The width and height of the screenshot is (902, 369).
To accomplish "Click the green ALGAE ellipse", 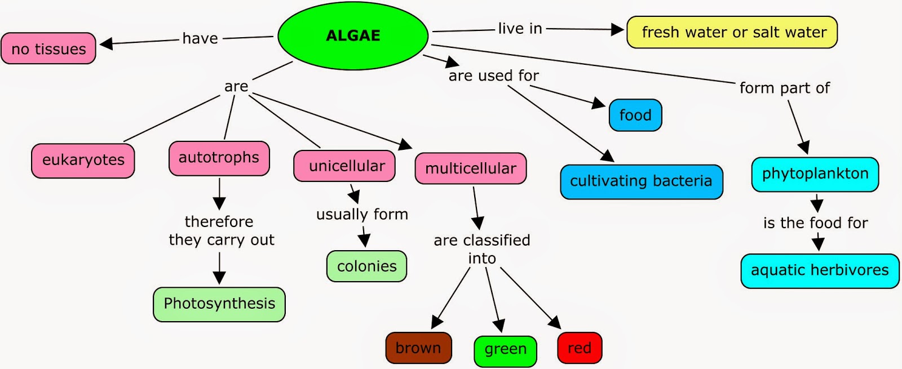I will [353, 35].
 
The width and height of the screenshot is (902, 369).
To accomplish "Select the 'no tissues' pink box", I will [48, 48].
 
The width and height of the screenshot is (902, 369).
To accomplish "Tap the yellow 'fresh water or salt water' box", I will [732, 32].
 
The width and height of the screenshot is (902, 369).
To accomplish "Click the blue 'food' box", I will [635, 115].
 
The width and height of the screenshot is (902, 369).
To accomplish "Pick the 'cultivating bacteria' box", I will [641, 181].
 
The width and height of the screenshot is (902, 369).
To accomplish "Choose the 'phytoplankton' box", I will [815, 174].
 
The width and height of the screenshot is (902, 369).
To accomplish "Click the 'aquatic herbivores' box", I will [819, 270].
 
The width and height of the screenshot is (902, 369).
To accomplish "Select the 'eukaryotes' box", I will [83, 161].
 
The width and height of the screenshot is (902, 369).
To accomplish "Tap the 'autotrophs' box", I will [219, 158].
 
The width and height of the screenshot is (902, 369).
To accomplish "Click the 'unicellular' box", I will [344, 166].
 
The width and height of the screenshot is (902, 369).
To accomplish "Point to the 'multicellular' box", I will [470, 168].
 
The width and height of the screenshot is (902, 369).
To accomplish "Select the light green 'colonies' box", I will [366, 266].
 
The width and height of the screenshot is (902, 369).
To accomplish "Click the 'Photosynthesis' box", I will [219, 304].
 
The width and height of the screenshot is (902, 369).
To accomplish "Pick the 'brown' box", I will [418, 348].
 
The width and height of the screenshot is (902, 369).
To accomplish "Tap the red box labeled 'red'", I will [579, 348].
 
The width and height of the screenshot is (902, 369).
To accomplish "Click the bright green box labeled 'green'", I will [505, 350].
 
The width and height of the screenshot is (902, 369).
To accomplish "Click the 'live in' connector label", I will [520, 29].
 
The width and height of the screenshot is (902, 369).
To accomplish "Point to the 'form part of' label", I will [784, 88].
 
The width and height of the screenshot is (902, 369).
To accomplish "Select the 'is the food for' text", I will [815, 223].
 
